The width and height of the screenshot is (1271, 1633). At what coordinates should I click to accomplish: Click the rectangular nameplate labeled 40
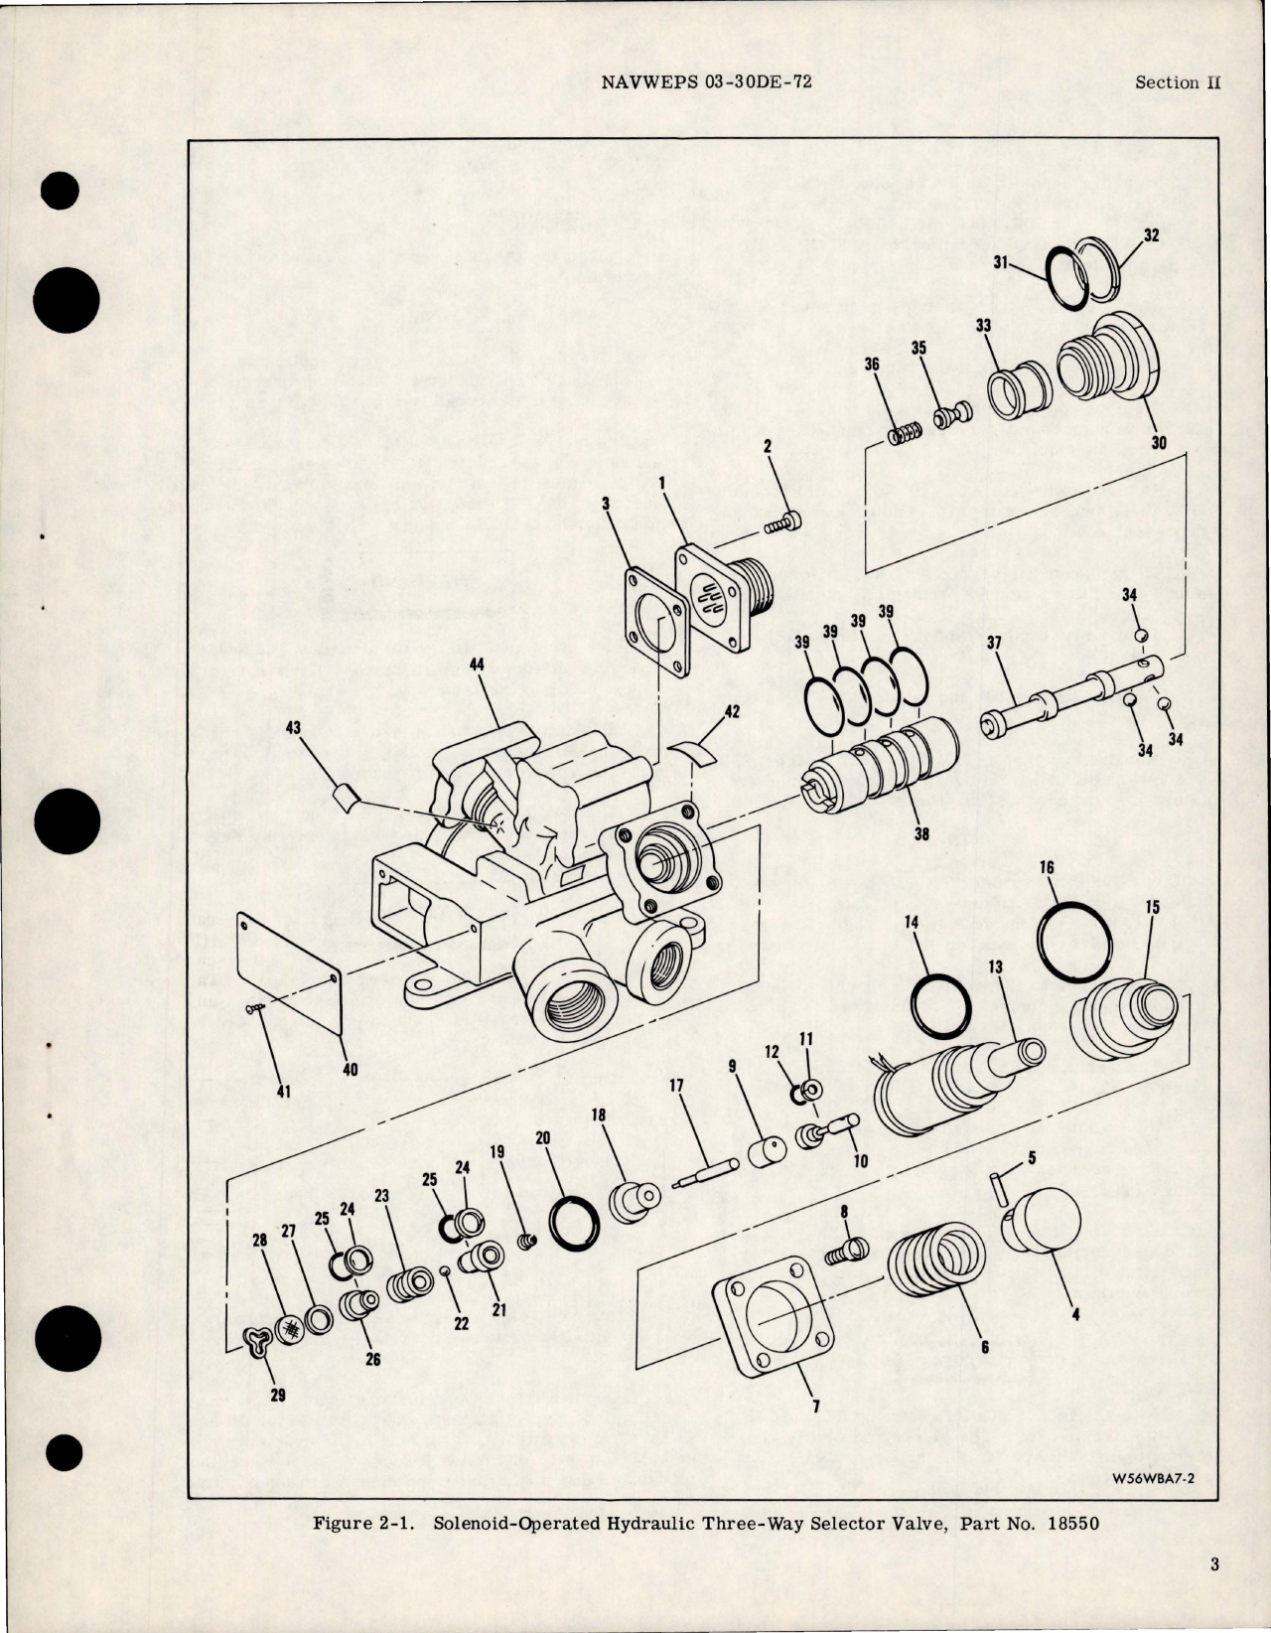coord(291,965)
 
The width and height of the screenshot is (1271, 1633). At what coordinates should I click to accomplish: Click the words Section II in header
coord(1177,82)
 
